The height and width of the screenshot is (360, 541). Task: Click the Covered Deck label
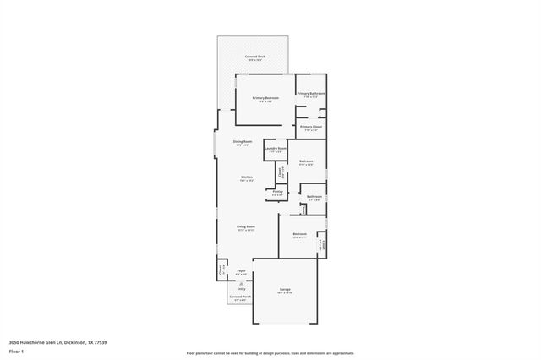tap(254, 57)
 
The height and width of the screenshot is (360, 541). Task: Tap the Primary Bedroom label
tap(265, 99)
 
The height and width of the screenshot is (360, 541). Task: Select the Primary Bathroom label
tap(311, 94)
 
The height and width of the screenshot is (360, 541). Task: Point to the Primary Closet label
tap(310, 128)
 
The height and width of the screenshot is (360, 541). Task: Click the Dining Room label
tap(243, 143)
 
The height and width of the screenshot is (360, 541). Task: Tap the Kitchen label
tap(246, 177)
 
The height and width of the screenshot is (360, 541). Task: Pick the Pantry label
tap(278, 192)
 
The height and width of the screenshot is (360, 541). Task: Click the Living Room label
tap(246, 227)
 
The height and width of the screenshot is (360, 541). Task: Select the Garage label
tap(285, 290)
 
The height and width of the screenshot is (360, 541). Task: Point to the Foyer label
tap(241, 272)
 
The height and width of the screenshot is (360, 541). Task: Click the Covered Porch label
tap(240, 297)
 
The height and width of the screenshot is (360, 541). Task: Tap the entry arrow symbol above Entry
tap(241, 282)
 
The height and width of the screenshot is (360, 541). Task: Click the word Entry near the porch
tap(241, 288)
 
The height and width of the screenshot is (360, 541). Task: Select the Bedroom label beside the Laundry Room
tap(306, 161)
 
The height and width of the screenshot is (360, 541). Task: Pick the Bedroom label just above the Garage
tap(299, 234)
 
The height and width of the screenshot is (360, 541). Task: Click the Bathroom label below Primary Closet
tap(314, 197)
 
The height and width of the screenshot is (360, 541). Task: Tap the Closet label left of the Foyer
tap(221, 271)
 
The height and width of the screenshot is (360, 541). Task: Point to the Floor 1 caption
tap(15, 351)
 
